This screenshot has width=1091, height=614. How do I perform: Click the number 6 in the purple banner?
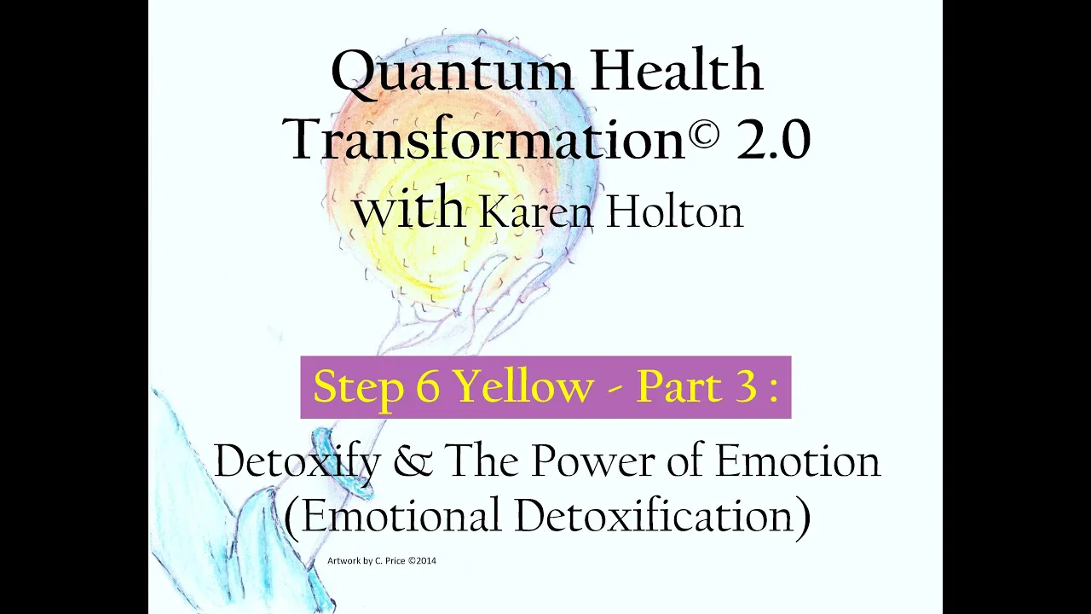[429, 387]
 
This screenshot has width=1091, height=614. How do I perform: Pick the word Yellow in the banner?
[526, 386]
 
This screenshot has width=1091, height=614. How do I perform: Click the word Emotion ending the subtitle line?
[798, 461]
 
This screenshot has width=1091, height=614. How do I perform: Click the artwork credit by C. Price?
[382, 560]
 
